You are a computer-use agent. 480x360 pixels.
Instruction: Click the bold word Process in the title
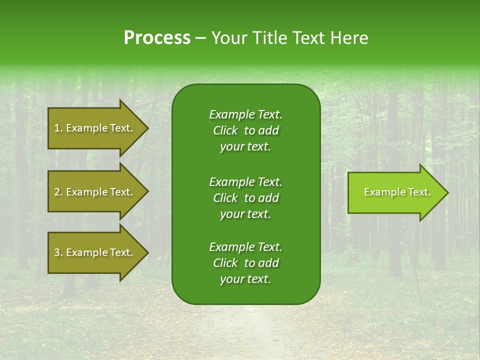[157, 38]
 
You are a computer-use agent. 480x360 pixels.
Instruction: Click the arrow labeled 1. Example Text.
[93, 128]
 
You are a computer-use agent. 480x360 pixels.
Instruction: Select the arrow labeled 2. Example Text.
[93, 192]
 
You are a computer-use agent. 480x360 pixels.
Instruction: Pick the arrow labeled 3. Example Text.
[93, 252]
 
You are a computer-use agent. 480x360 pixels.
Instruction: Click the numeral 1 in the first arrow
[57, 128]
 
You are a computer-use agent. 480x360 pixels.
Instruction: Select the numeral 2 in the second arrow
[57, 192]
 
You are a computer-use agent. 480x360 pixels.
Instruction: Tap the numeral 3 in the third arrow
[57, 252]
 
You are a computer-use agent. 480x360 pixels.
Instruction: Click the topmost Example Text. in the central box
[245, 114]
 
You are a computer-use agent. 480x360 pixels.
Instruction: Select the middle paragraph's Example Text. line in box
[245, 181]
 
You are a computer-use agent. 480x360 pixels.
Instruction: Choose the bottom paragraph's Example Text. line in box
[245, 247]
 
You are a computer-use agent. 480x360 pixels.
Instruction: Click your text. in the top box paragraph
[245, 147]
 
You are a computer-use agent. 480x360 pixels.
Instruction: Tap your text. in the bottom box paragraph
[245, 279]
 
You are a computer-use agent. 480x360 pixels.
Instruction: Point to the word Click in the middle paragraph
[225, 198]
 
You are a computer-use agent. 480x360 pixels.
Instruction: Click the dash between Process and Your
[201, 38]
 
